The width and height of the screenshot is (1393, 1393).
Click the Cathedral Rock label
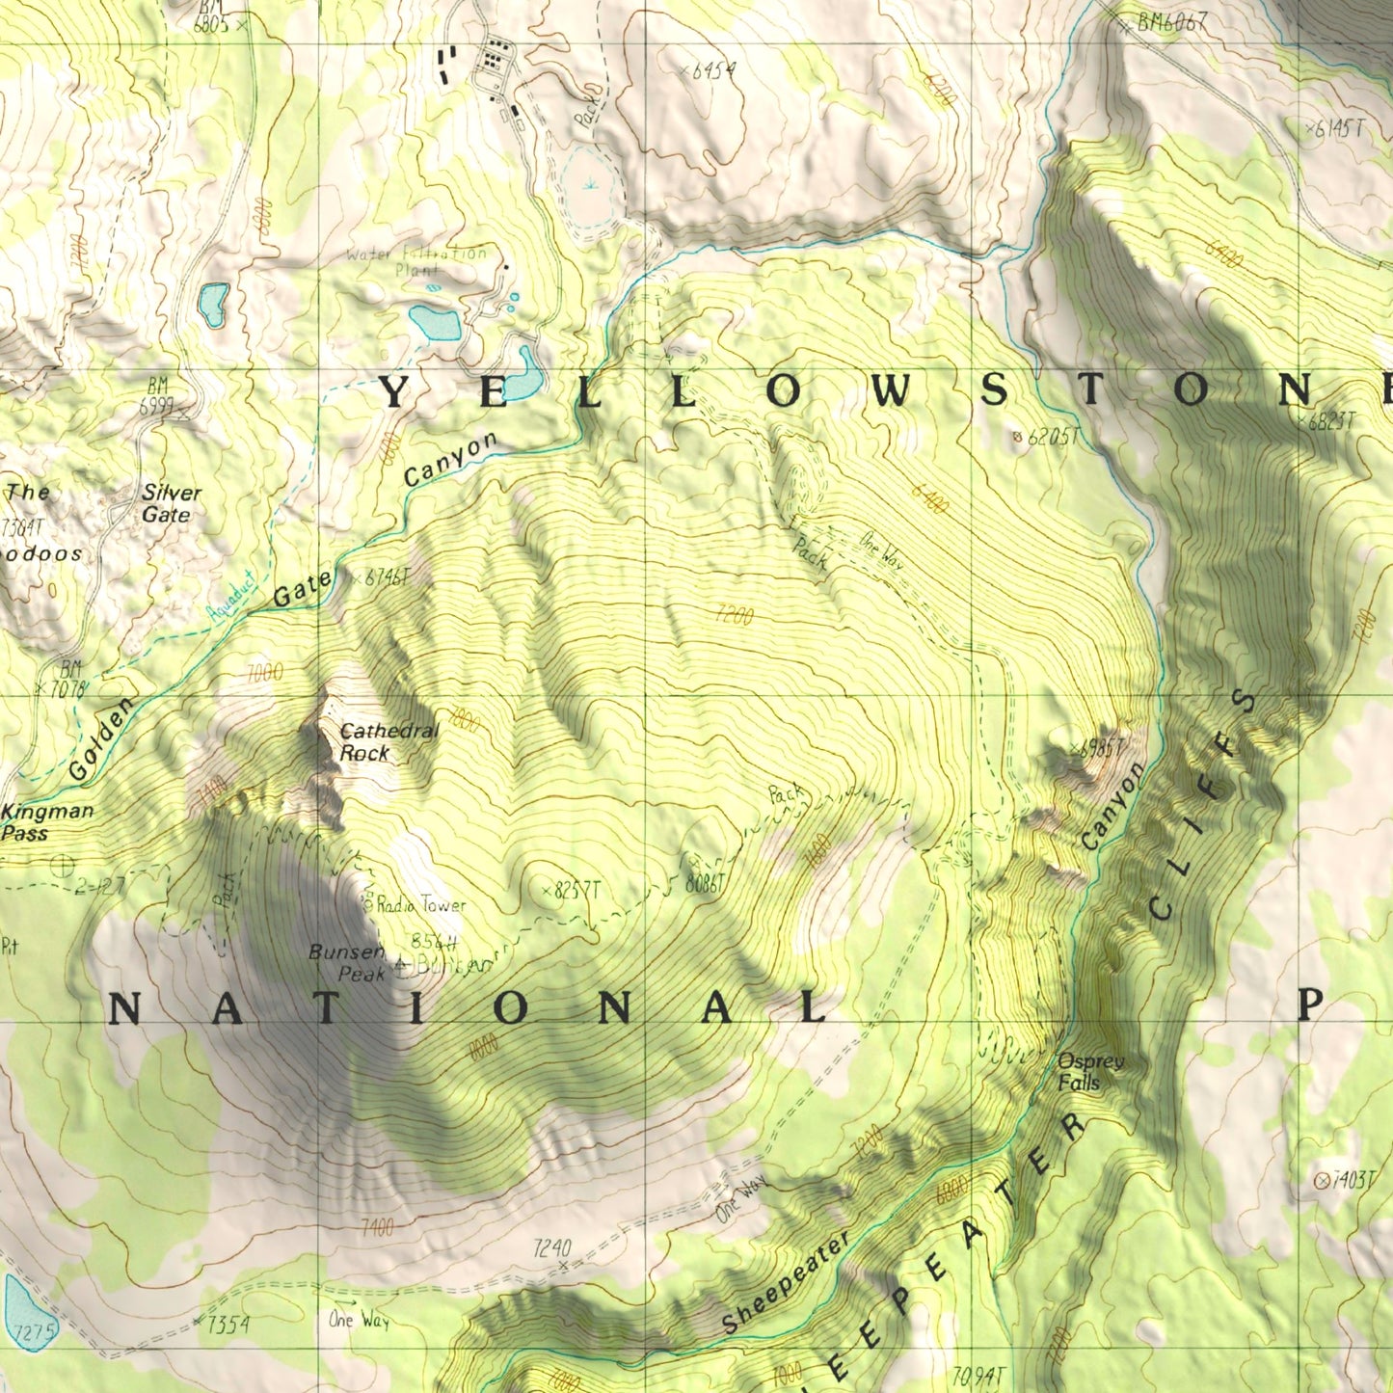click(x=388, y=742)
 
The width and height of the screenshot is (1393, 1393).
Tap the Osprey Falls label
click(x=1089, y=1072)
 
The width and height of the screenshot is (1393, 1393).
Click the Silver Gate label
click(x=171, y=503)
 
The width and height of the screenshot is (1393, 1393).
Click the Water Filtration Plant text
click(x=416, y=261)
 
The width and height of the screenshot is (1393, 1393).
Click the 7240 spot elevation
click(x=552, y=1249)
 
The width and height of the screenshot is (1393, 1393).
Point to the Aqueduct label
click(x=231, y=595)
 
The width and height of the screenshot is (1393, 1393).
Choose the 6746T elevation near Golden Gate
click(x=384, y=578)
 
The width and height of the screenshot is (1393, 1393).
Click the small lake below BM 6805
click(x=213, y=304)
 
